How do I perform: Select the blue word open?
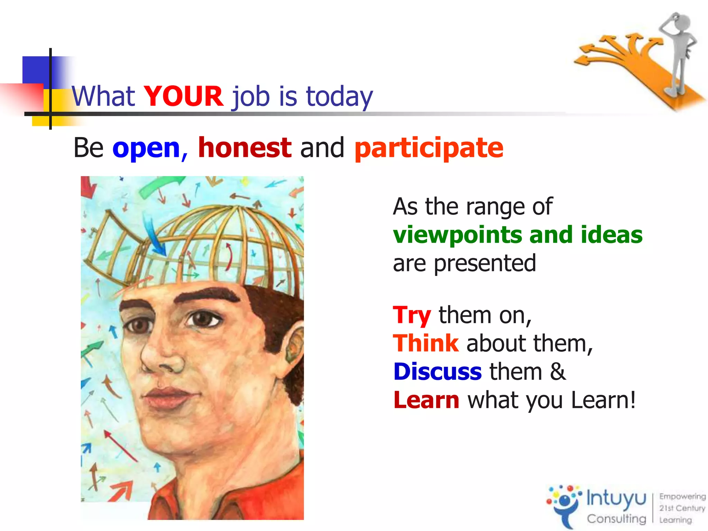pyautogui.click(x=146, y=148)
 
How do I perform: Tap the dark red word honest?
pyautogui.click(x=245, y=148)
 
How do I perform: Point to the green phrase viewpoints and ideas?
pyautogui.click(x=518, y=235)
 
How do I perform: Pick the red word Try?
pyautogui.click(x=412, y=315)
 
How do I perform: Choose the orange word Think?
pyautogui.click(x=426, y=344)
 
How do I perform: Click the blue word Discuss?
pyautogui.click(x=437, y=372)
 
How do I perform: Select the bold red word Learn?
pyautogui.click(x=426, y=400)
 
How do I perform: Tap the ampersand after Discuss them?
pyautogui.click(x=558, y=372)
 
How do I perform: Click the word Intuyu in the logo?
pyautogui.click(x=616, y=499)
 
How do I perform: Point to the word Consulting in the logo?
pyautogui.click(x=616, y=519)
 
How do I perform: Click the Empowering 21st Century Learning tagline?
pyautogui.click(x=682, y=508)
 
